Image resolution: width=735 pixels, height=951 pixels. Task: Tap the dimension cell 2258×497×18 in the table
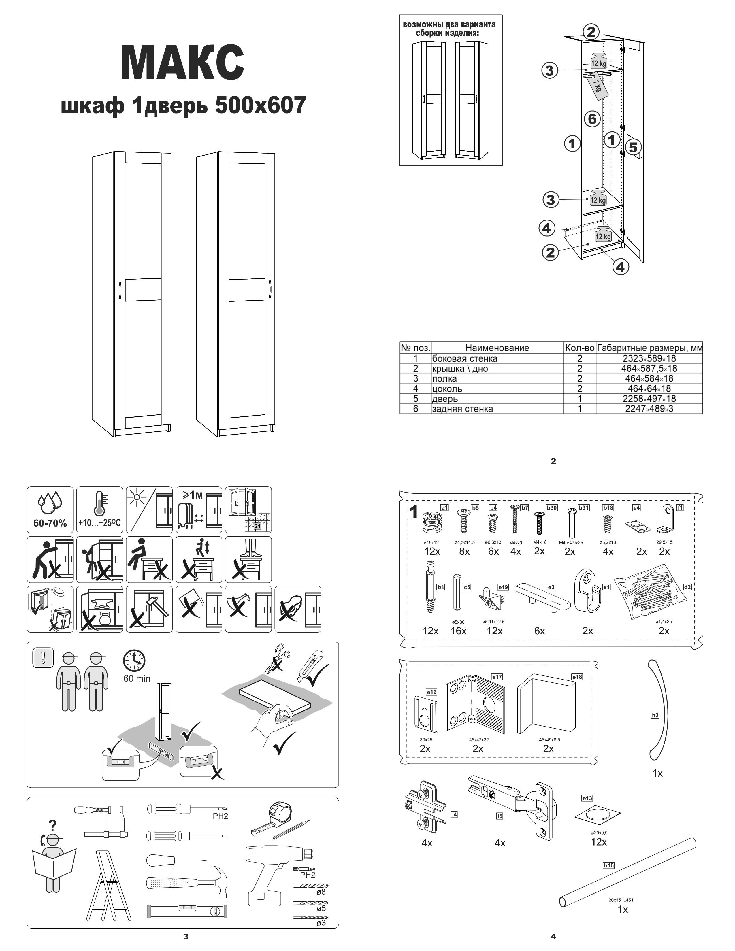(x=649, y=399)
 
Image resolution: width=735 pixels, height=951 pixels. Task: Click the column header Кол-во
(x=580, y=348)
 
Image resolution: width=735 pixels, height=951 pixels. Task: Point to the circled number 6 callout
(x=592, y=118)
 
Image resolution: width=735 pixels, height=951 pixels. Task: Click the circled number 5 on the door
(x=633, y=148)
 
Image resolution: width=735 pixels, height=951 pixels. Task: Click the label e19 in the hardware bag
(x=503, y=587)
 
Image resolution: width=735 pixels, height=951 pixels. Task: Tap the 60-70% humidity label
(x=50, y=523)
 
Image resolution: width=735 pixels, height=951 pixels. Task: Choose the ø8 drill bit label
(x=321, y=892)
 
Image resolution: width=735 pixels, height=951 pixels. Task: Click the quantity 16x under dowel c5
(x=459, y=631)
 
